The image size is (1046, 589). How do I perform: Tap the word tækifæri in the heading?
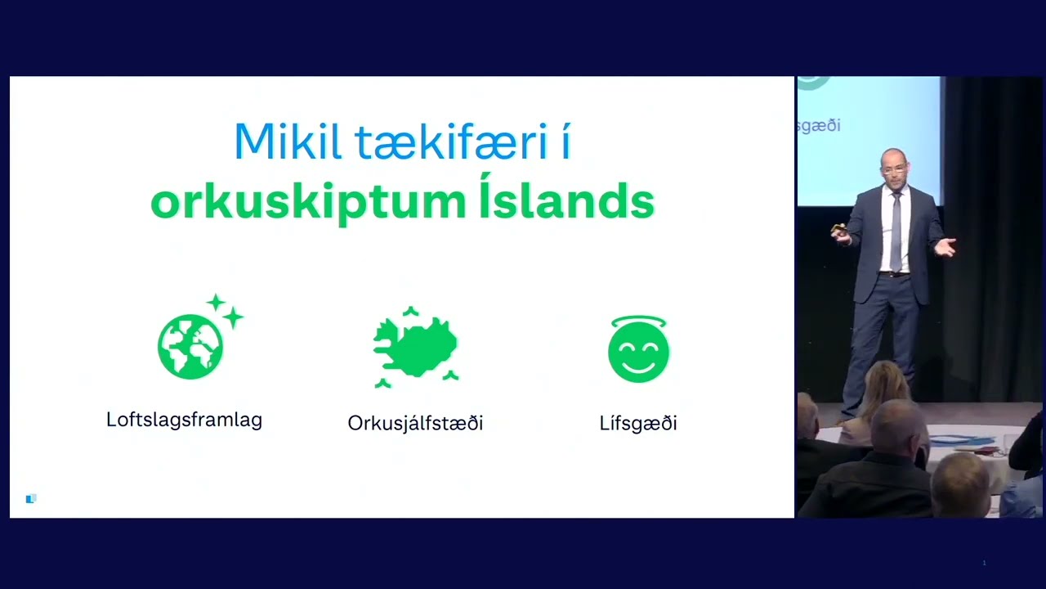tap(451, 141)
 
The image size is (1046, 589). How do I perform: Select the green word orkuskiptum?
tap(308, 202)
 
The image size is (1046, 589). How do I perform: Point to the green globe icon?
tap(190, 346)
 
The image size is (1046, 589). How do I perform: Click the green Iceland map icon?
tap(415, 347)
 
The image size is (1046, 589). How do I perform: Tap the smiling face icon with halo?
tap(638, 349)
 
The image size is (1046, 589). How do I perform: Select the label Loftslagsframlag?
tap(184, 420)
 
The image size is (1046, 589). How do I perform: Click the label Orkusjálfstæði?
tap(415, 423)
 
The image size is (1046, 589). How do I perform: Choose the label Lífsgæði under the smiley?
tap(638, 423)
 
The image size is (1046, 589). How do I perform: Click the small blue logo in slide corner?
tap(31, 499)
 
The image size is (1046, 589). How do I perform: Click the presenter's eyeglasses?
tap(893, 171)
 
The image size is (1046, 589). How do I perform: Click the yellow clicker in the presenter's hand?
tap(839, 228)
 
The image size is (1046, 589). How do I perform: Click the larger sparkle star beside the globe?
tap(233, 317)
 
